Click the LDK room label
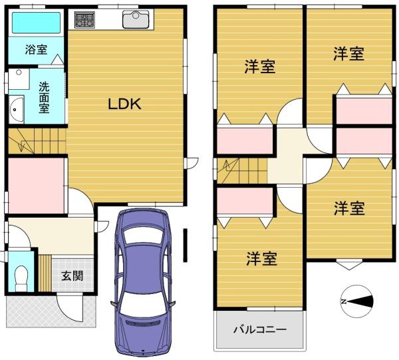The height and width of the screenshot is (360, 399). tap(125, 104)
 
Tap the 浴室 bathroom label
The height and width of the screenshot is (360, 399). tap(36, 49)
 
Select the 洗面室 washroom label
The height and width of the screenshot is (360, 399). tap(44, 98)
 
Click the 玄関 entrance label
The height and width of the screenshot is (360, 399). tap(72, 275)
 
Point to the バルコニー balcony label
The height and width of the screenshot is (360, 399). tap(260, 329)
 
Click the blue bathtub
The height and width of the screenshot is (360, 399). tap(37, 23)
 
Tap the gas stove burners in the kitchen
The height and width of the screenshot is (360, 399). tap(84, 19)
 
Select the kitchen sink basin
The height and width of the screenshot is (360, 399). tap(136, 19)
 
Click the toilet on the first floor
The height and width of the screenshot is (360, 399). tap(21, 278)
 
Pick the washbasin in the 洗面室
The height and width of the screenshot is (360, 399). tap(16, 110)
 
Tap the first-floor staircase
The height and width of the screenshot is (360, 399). tap(37, 141)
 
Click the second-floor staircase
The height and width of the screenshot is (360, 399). tap(242, 170)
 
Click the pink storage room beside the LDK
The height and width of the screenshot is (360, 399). tap(36, 186)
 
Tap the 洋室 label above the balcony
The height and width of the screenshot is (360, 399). tap(261, 259)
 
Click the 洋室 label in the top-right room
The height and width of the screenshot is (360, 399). tap(348, 54)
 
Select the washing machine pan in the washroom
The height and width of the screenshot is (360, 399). tap(19, 79)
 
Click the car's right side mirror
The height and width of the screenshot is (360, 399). tap(172, 303)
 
